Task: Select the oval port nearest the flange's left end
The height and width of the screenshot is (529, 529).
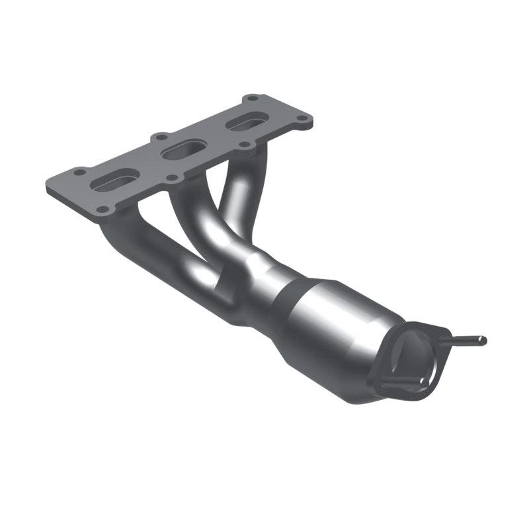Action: pyautogui.click(x=117, y=179)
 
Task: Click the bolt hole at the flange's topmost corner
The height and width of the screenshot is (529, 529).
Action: pyautogui.click(x=251, y=99)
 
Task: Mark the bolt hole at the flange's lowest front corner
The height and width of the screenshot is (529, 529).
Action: pyautogui.click(x=102, y=210)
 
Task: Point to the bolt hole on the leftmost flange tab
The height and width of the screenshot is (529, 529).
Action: pyautogui.click(x=79, y=172)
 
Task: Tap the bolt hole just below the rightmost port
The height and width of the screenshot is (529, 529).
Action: pyautogui.click(x=244, y=144)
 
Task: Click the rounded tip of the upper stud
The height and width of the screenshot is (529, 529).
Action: pyautogui.click(x=483, y=341)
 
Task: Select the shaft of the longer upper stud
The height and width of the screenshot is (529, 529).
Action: pyautogui.click(x=463, y=342)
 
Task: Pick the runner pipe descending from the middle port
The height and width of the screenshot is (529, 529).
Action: pyautogui.click(x=198, y=218)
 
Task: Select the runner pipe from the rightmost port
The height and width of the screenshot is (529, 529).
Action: pyautogui.click(x=241, y=192)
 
